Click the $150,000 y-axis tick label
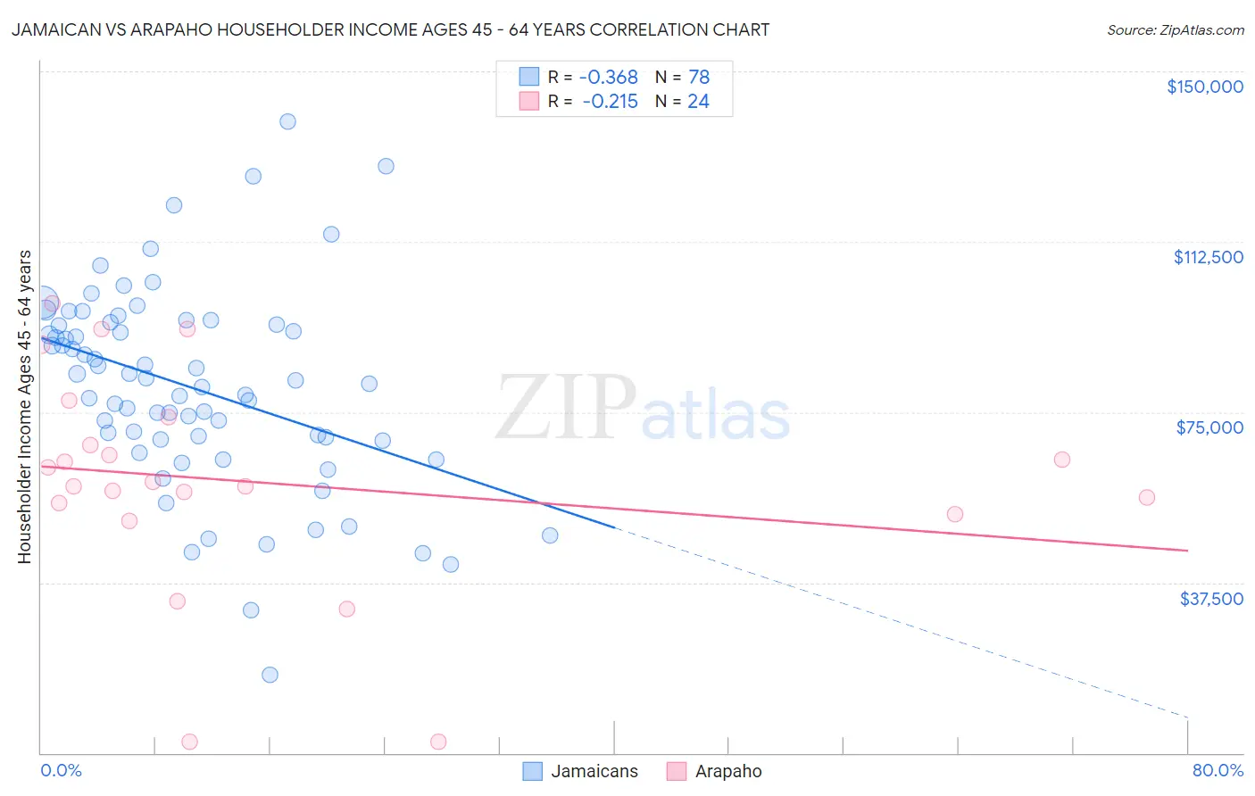1204,87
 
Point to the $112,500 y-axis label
1208,257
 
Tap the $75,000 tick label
1209,427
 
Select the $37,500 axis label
1211,599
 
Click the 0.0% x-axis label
61,770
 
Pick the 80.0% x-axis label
1218,770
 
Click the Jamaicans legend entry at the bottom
594,771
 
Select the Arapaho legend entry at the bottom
727,771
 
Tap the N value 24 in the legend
698,102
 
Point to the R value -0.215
611,102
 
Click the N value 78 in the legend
699,78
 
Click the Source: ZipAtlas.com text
1175,30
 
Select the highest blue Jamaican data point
287,121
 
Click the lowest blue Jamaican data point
270,675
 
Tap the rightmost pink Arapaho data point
1147,497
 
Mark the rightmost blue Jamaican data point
550,535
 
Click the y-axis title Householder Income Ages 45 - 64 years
24,407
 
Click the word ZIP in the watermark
565,407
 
